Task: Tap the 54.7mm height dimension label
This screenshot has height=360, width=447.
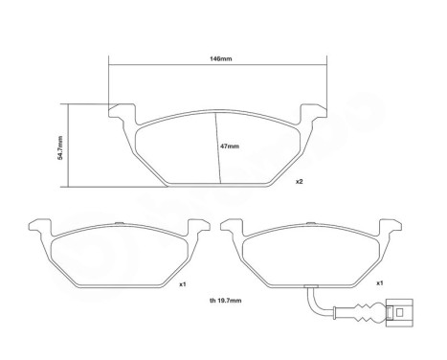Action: coord(60,147)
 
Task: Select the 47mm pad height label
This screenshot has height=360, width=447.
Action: coord(230,146)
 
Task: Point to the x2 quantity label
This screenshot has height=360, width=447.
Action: coord(299,182)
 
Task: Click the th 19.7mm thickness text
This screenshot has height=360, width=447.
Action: coord(226,301)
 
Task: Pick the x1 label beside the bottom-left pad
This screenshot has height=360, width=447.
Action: coord(183,284)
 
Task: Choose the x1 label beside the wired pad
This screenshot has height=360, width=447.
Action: coord(379,283)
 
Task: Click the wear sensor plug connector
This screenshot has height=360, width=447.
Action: coord(399,313)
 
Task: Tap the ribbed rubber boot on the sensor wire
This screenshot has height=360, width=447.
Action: coord(367,313)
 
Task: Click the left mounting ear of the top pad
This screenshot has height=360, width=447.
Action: coord(122,112)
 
